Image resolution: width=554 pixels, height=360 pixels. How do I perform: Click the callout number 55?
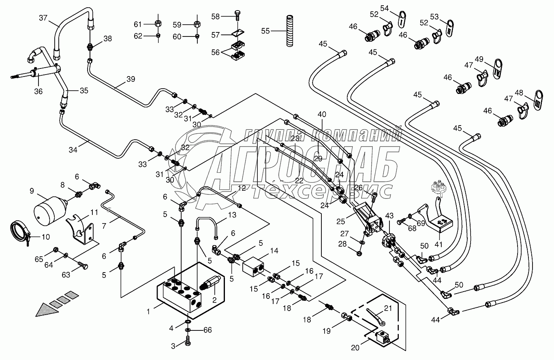265,30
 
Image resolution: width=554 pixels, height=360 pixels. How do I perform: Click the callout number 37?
43,18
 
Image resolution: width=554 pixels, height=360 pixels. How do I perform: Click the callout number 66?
207,330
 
